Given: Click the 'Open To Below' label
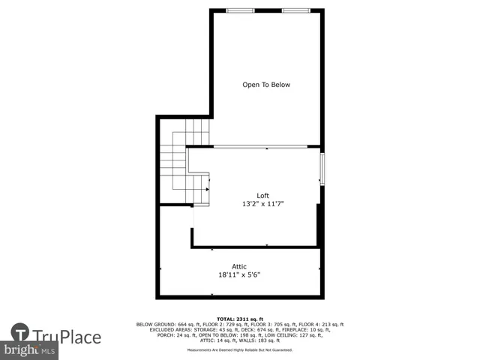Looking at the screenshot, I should (x=265, y=85).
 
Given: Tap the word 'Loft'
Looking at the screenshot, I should (x=262, y=196).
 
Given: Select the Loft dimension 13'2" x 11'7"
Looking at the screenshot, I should (x=262, y=204).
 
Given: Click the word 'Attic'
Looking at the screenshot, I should (x=239, y=266).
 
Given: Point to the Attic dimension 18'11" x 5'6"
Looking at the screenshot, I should (x=239, y=274).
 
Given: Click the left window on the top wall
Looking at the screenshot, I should (x=240, y=10).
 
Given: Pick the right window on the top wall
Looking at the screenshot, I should (x=295, y=10).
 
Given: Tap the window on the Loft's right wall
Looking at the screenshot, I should (x=322, y=169).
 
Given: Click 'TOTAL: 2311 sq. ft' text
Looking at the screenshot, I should (x=239, y=319).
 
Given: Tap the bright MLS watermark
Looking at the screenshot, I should (x=30, y=350).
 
